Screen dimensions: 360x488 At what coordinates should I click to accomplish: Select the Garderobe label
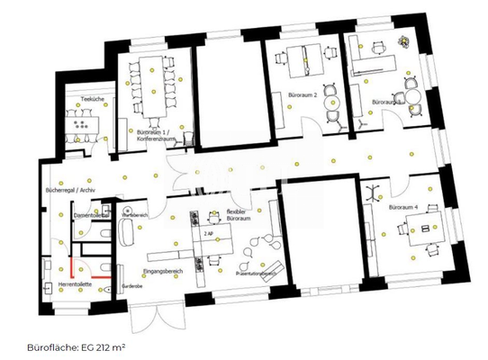(131, 285)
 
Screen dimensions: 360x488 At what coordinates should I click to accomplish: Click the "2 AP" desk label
(208, 233)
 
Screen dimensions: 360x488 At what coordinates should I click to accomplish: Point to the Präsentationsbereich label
(255, 272)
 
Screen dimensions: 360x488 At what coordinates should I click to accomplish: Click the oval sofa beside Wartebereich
(125, 235)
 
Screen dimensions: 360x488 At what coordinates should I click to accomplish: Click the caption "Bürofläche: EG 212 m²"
(76, 346)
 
